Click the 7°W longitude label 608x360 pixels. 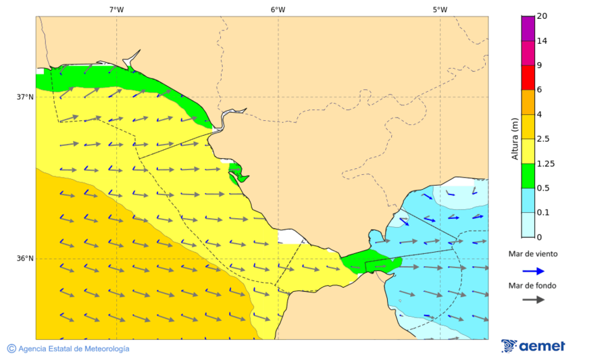tap(116, 9)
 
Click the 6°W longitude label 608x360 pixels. tap(278, 9)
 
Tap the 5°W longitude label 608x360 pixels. tap(440, 9)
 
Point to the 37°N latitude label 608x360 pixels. tap(25, 97)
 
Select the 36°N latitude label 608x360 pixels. tap(25, 259)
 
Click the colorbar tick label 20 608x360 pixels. tap(542, 16)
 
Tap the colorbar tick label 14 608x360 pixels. tap(542, 41)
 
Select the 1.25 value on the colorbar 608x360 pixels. tap(545, 163)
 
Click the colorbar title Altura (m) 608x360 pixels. tap(515, 138)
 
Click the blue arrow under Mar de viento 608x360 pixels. tap(533, 271)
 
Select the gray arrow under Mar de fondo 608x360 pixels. tap(533, 299)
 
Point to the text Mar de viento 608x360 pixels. tap(533, 254)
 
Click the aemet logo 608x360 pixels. tap(533, 346)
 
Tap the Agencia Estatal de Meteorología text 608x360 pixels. tap(74, 349)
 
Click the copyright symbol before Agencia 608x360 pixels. tap(11, 349)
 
